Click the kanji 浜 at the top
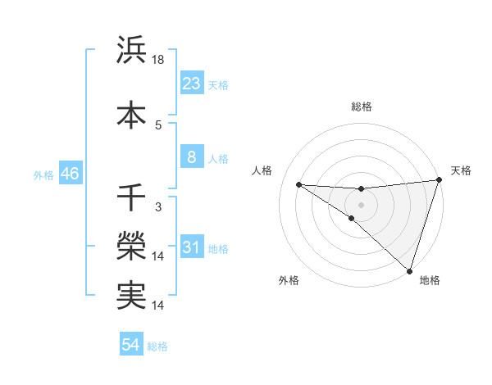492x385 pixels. click(131, 51)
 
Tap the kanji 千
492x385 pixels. click(131, 197)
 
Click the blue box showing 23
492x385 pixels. click(191, 84)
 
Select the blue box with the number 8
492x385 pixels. click(191, 157)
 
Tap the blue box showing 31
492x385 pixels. click(191, 247)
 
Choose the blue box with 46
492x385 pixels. click(69, 174)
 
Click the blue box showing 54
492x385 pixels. click(130, 345)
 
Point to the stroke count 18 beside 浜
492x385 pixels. click(159, 60)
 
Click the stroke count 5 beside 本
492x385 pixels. click(158, 125)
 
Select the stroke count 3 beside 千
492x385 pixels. click(158, 207)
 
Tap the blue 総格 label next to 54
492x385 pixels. click(157, 346)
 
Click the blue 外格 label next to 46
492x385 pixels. click(43, 175)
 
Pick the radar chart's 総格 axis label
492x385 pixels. click(361, 106)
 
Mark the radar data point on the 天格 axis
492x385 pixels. click(439, 181)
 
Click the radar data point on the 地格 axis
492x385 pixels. click(409, 270)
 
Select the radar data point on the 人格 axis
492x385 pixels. click(299, 183)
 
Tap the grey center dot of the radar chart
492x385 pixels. click(361, 203)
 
